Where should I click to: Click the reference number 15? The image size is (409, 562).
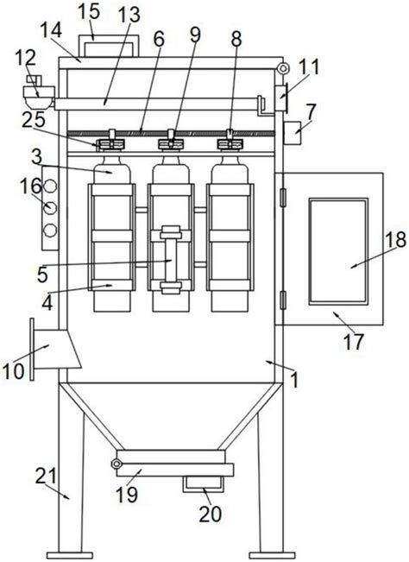click(x=89, y=12)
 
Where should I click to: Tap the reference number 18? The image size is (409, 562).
click(x=396, y=239)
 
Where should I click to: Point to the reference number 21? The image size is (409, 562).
click(x=46, y=476)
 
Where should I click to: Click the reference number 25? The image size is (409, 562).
click(x=34, y=120)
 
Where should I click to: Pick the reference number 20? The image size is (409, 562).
click(x=211, y=514)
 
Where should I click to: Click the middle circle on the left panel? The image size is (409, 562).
click(x=51, y=207)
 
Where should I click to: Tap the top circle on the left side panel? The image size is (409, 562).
click(x=51, y=186)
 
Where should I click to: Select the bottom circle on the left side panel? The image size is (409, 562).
click(x=51, y=230)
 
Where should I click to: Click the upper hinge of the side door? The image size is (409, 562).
click(x=283, y=198)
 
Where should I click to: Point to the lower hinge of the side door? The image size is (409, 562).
click(x=283, y=300)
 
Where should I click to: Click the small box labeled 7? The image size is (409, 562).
click(x=293, y=133)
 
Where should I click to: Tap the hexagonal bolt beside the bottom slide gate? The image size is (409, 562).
click(x=116, y=464)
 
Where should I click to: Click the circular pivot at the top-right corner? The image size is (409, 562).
click(x=282, y=67)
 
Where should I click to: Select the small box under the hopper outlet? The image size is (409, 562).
click(x=203, y=484)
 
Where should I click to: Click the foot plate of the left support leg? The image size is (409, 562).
click(x=70, y=556)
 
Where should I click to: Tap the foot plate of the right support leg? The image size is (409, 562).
click(x=272, y=556)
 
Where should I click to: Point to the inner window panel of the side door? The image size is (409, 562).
click(x=338, y=251)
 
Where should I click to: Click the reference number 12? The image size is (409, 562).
click(x=26, y=58)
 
